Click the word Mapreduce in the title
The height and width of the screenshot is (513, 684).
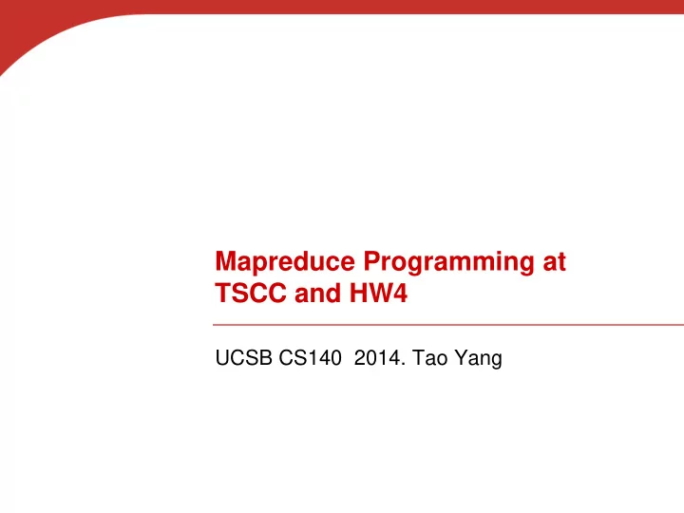[x=285, y=262]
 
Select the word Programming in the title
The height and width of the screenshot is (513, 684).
[x=448, y=262]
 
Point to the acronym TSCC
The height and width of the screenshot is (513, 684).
[x=251, y=293]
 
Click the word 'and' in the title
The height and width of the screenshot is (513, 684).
[x=317, y=293]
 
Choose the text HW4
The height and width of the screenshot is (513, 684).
[x=378, y=293]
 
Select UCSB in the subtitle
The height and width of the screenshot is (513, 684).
[x=243, y=358]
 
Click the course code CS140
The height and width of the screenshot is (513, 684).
[x=310, y=358]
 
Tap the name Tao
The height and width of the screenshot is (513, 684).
[x=429, y=358]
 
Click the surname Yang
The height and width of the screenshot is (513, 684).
[x=478, y=359]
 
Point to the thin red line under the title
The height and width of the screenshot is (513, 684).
[x=448, y=325]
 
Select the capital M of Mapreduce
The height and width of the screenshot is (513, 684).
[x=226, y=262]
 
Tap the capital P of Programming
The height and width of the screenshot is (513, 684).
[x=373, y=262]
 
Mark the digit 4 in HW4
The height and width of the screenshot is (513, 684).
[x=399, y=293]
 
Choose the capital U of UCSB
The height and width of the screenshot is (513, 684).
[x=222, y=358]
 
